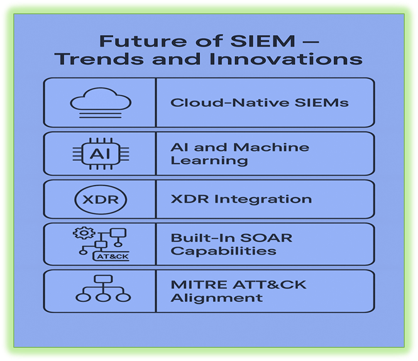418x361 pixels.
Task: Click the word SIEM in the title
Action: [263, 41]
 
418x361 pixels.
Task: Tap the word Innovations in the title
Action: [286, 59]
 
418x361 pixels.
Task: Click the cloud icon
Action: [101, 98]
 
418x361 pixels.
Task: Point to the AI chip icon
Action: [101, 153]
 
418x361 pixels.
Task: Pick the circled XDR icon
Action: [101, 199]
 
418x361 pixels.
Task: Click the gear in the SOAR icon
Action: [84, 233]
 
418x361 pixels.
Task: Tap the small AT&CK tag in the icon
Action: [111, 257]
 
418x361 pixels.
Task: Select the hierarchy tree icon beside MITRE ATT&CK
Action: [103, 289]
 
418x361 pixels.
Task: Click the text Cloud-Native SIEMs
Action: [260, 103]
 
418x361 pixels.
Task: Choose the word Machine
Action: [271, 147]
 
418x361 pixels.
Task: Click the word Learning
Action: [209, 160]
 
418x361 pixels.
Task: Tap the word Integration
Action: [263, 199]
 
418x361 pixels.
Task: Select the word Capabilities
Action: [223, 251]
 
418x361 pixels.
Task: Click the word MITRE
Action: [200, 285]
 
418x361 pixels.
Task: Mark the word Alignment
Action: [217, 298]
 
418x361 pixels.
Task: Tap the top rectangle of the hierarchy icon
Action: [103, 279]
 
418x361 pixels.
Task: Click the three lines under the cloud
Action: [100, 115]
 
